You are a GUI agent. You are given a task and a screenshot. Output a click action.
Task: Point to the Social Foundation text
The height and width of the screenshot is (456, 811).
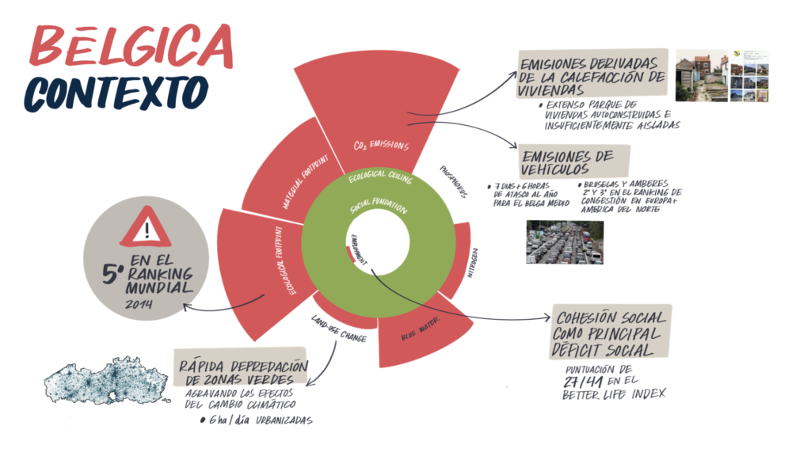pyautogui.click(x=379, y=210)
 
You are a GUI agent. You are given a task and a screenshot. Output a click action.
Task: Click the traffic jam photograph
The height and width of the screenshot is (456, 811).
pyautogui.click(x=565, y=241)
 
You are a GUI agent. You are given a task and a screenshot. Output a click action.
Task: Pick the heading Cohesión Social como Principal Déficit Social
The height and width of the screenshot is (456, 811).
pyautogui.click(x=613, y=333)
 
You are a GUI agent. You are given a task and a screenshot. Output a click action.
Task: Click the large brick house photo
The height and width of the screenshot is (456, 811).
pyautogui.click(x=700, y=76)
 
